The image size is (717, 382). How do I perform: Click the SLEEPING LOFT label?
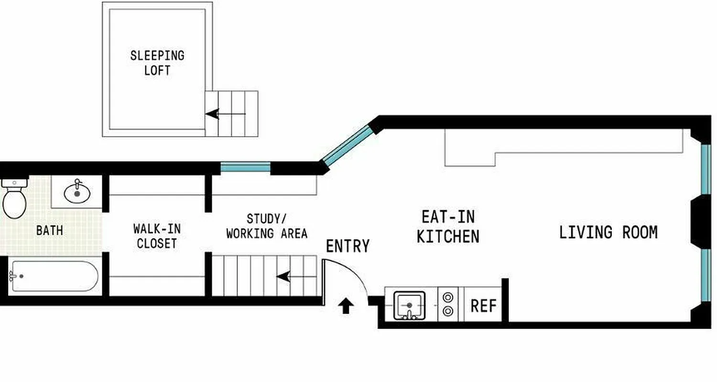(157, 63)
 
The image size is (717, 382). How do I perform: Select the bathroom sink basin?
(77, 193)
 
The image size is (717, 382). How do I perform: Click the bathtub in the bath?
(54, 276)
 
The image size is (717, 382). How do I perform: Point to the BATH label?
(50, 231)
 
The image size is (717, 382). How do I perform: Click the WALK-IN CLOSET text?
(157, 236)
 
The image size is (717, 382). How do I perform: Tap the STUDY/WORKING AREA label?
(267, 226)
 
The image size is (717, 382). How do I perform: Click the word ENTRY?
(348, 246)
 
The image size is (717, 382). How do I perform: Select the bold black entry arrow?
(346, 306)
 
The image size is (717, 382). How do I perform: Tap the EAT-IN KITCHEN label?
(448, 227)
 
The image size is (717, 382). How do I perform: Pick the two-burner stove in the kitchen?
(448, 305)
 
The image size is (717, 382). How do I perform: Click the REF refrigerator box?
(483, 306)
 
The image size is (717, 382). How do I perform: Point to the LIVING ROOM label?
(608, 233)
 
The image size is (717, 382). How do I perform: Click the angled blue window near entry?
(347, 145)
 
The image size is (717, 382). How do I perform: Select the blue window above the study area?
(246, 168)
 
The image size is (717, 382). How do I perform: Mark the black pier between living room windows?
(700, 222)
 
